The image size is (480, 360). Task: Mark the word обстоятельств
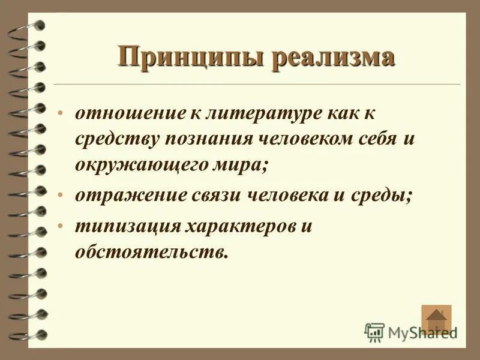[x=152, y=251]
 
